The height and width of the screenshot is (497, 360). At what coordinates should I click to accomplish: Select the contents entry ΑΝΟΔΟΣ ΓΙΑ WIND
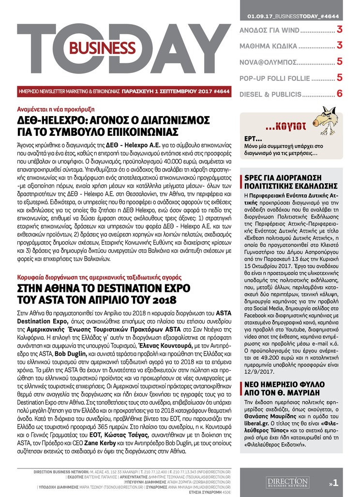(270, 30)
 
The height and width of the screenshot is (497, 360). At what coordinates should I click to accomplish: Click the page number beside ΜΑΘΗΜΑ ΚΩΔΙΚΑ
(340, 46)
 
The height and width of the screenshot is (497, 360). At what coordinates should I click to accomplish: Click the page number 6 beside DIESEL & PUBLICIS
(340, 93)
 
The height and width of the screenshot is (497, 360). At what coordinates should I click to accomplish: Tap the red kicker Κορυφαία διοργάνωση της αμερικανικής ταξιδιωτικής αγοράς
(100, 278)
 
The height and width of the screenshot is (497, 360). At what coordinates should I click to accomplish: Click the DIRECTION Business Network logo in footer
(287, 482)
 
